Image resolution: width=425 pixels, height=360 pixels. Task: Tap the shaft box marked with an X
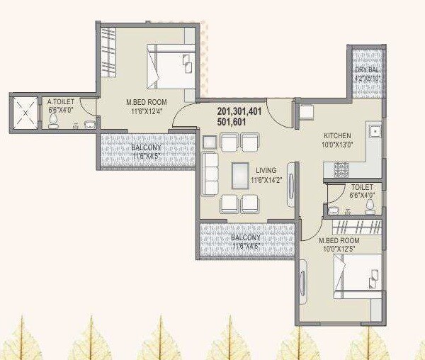click(25, 113)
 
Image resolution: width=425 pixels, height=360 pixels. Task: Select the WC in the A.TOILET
click(54, 121)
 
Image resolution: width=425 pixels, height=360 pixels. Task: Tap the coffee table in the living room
click(241, 174)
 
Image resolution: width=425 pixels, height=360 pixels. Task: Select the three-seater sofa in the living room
click(210, 174)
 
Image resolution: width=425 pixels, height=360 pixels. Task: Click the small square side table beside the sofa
click(210, 142)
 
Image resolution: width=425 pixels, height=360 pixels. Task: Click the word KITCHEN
click(337, 135)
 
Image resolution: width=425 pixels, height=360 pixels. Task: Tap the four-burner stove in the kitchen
click(341, 170)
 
